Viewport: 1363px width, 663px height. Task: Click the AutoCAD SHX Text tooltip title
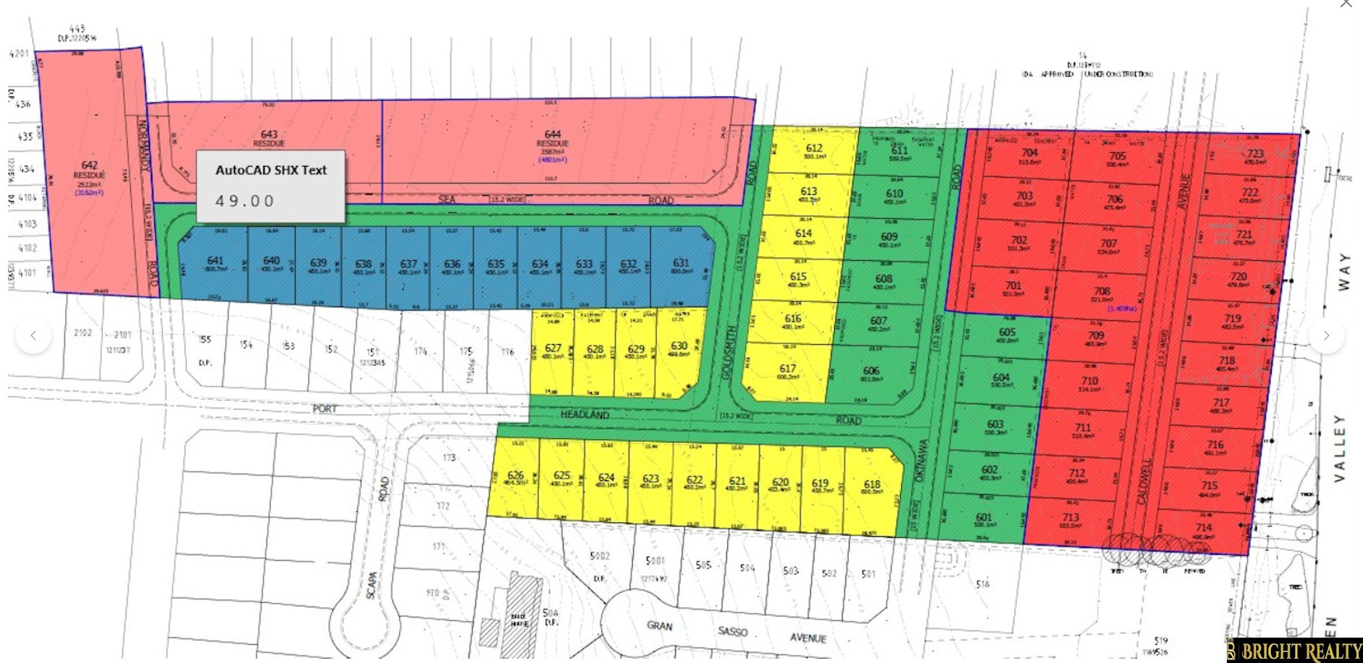[271, 170]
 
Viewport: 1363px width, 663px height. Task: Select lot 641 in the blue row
[215, 262]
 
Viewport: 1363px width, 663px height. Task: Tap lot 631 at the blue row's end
[681, 264]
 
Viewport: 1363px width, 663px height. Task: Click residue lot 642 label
[89, 166]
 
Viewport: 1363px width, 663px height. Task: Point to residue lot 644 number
[553, 134]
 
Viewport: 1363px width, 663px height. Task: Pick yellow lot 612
[814, 149]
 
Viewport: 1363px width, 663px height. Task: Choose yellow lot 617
[787, 369]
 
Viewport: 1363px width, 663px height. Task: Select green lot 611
[899, 150]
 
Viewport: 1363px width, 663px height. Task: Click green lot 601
[984, 518]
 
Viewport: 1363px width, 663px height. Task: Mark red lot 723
[1255, 154]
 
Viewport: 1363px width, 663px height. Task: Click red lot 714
[1204, 528]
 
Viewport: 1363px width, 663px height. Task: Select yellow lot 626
[516, 476]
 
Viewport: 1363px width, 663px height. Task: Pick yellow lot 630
[679, 346]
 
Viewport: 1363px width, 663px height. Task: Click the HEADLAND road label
[584, 414]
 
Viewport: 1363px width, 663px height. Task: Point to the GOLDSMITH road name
[731, 352]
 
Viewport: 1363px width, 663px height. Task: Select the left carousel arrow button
[33, 335]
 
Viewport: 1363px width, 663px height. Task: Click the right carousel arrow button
[1326, 335]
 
